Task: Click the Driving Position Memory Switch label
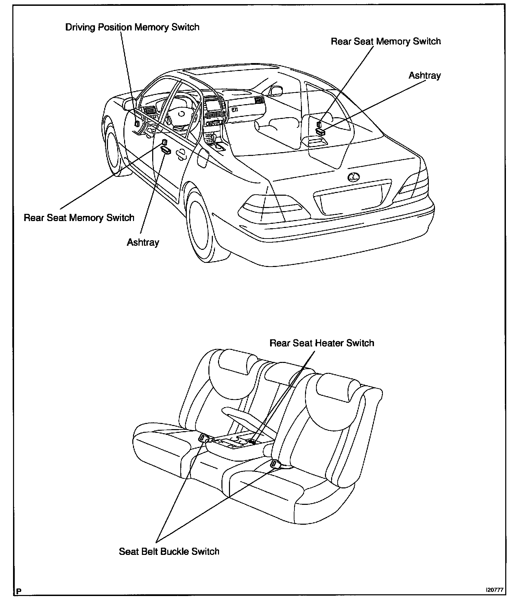click(x=132, y=27)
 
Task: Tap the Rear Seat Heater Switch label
click(x=322, y=343)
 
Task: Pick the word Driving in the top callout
click(x=81, y=27)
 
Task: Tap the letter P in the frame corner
click(x=19, y=591)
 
